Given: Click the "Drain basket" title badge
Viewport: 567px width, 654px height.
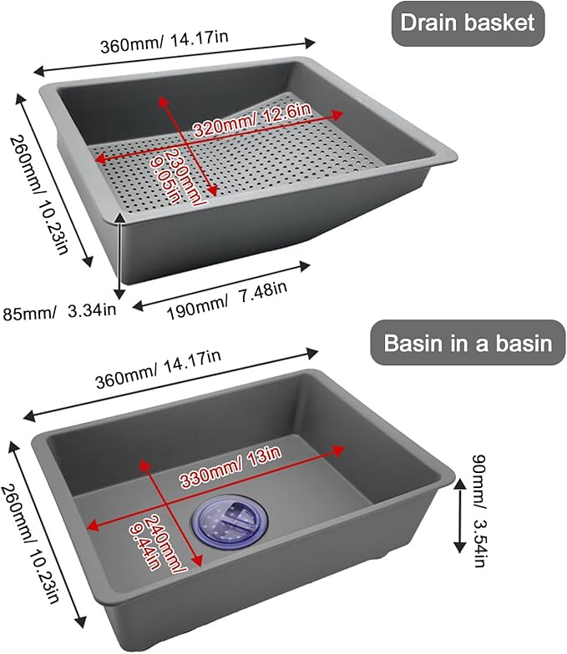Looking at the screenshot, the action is pos(468,23).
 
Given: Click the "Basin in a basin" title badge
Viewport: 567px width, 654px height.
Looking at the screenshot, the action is pos(468,343).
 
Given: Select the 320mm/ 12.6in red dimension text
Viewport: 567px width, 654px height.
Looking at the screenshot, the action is pos(253,120).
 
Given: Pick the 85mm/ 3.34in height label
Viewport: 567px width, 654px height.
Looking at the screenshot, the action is pos(59,311).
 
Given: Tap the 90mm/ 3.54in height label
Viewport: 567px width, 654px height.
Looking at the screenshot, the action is pos(479,511).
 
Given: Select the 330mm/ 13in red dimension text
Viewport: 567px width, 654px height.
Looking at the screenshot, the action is pos(230,467).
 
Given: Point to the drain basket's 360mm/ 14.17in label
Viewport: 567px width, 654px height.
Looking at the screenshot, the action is pos(165,42).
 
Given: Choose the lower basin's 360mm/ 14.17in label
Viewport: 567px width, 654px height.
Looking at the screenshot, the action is pos(158,369).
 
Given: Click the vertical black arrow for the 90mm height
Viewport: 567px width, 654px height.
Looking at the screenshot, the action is pos(459,516).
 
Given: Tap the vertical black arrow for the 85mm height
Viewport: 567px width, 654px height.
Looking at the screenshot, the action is pos(120,255).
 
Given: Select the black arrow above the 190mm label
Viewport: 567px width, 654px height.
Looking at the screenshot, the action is pos(221,286).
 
